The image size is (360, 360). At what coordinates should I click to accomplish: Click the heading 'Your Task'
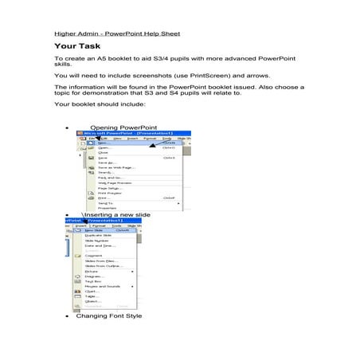pyautogui.click(x=77, y=48)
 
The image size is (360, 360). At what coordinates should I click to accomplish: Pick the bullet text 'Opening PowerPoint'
pyautogui.click(x=123, y=127)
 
